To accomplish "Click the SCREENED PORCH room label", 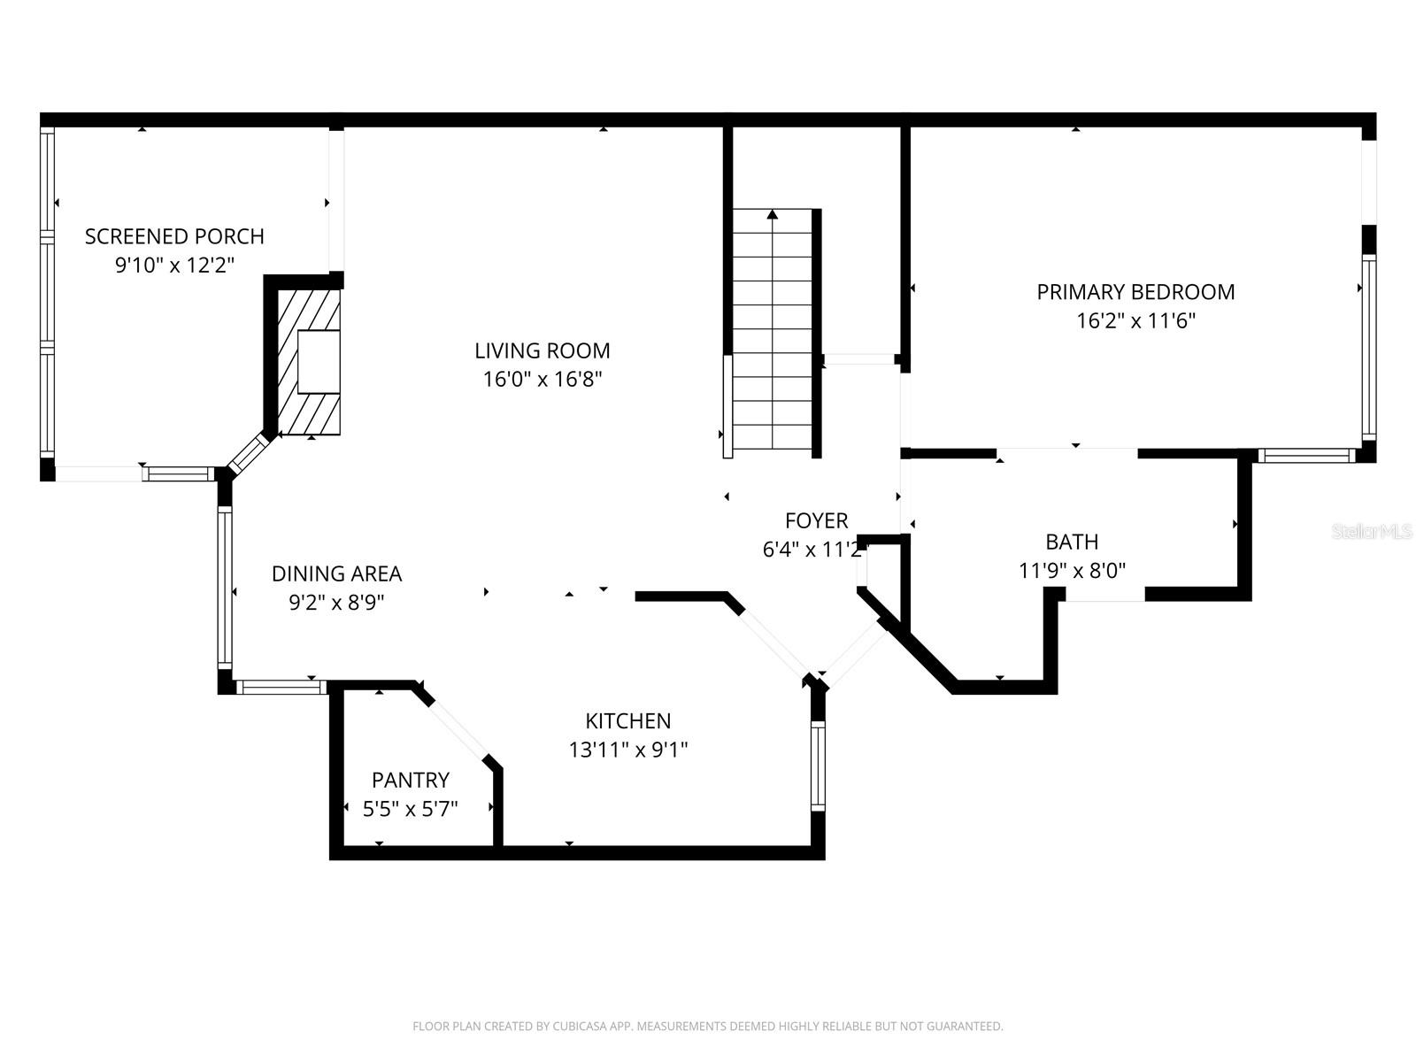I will [174, 236].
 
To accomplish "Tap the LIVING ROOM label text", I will [542, 350].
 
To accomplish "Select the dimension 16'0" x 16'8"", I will [542, 380].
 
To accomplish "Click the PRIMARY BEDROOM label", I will [1135, 292].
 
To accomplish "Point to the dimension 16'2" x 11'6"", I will [1135, 320].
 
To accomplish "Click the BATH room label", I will [1072, 542].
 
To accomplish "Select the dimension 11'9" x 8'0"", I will [1072, 571].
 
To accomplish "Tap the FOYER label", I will [816, 520].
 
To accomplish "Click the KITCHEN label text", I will [627, 721].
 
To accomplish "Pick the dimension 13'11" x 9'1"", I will [627, 750].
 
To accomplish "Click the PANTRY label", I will [410, 780].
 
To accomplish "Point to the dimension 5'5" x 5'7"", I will [410, 809].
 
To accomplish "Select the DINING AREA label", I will [336, 573].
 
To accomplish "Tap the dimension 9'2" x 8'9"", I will [336, 603].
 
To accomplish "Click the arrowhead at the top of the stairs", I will [773, 214].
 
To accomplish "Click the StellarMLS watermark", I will [1372, 532].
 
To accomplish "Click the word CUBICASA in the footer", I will [579, 1027].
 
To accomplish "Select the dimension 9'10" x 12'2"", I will [174, 265].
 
